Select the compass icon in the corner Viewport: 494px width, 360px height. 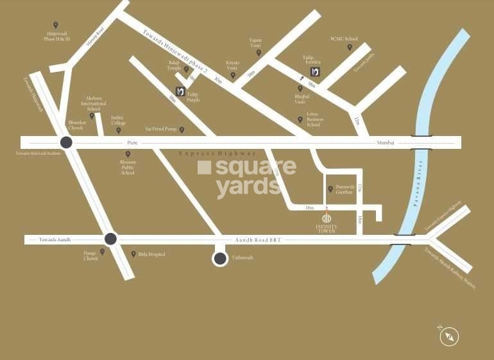click(x=450, y=336)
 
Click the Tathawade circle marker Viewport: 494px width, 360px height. click(x=220, y=258)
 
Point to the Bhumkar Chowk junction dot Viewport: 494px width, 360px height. click(x=65, y=142)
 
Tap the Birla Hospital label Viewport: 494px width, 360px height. click(x=151, y=254)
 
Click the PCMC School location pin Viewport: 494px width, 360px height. click(x=350, y=47)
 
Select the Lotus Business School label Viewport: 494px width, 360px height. click(x=314, y=122)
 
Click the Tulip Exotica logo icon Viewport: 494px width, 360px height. click(x=315, y=71)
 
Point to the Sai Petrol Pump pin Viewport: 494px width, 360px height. click(x=182, y=130)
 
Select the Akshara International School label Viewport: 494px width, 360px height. click(x=93, y=105)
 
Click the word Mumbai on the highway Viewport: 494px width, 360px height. click(x=386, y=142)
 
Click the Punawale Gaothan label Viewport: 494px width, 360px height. click(x=345, y=189)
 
